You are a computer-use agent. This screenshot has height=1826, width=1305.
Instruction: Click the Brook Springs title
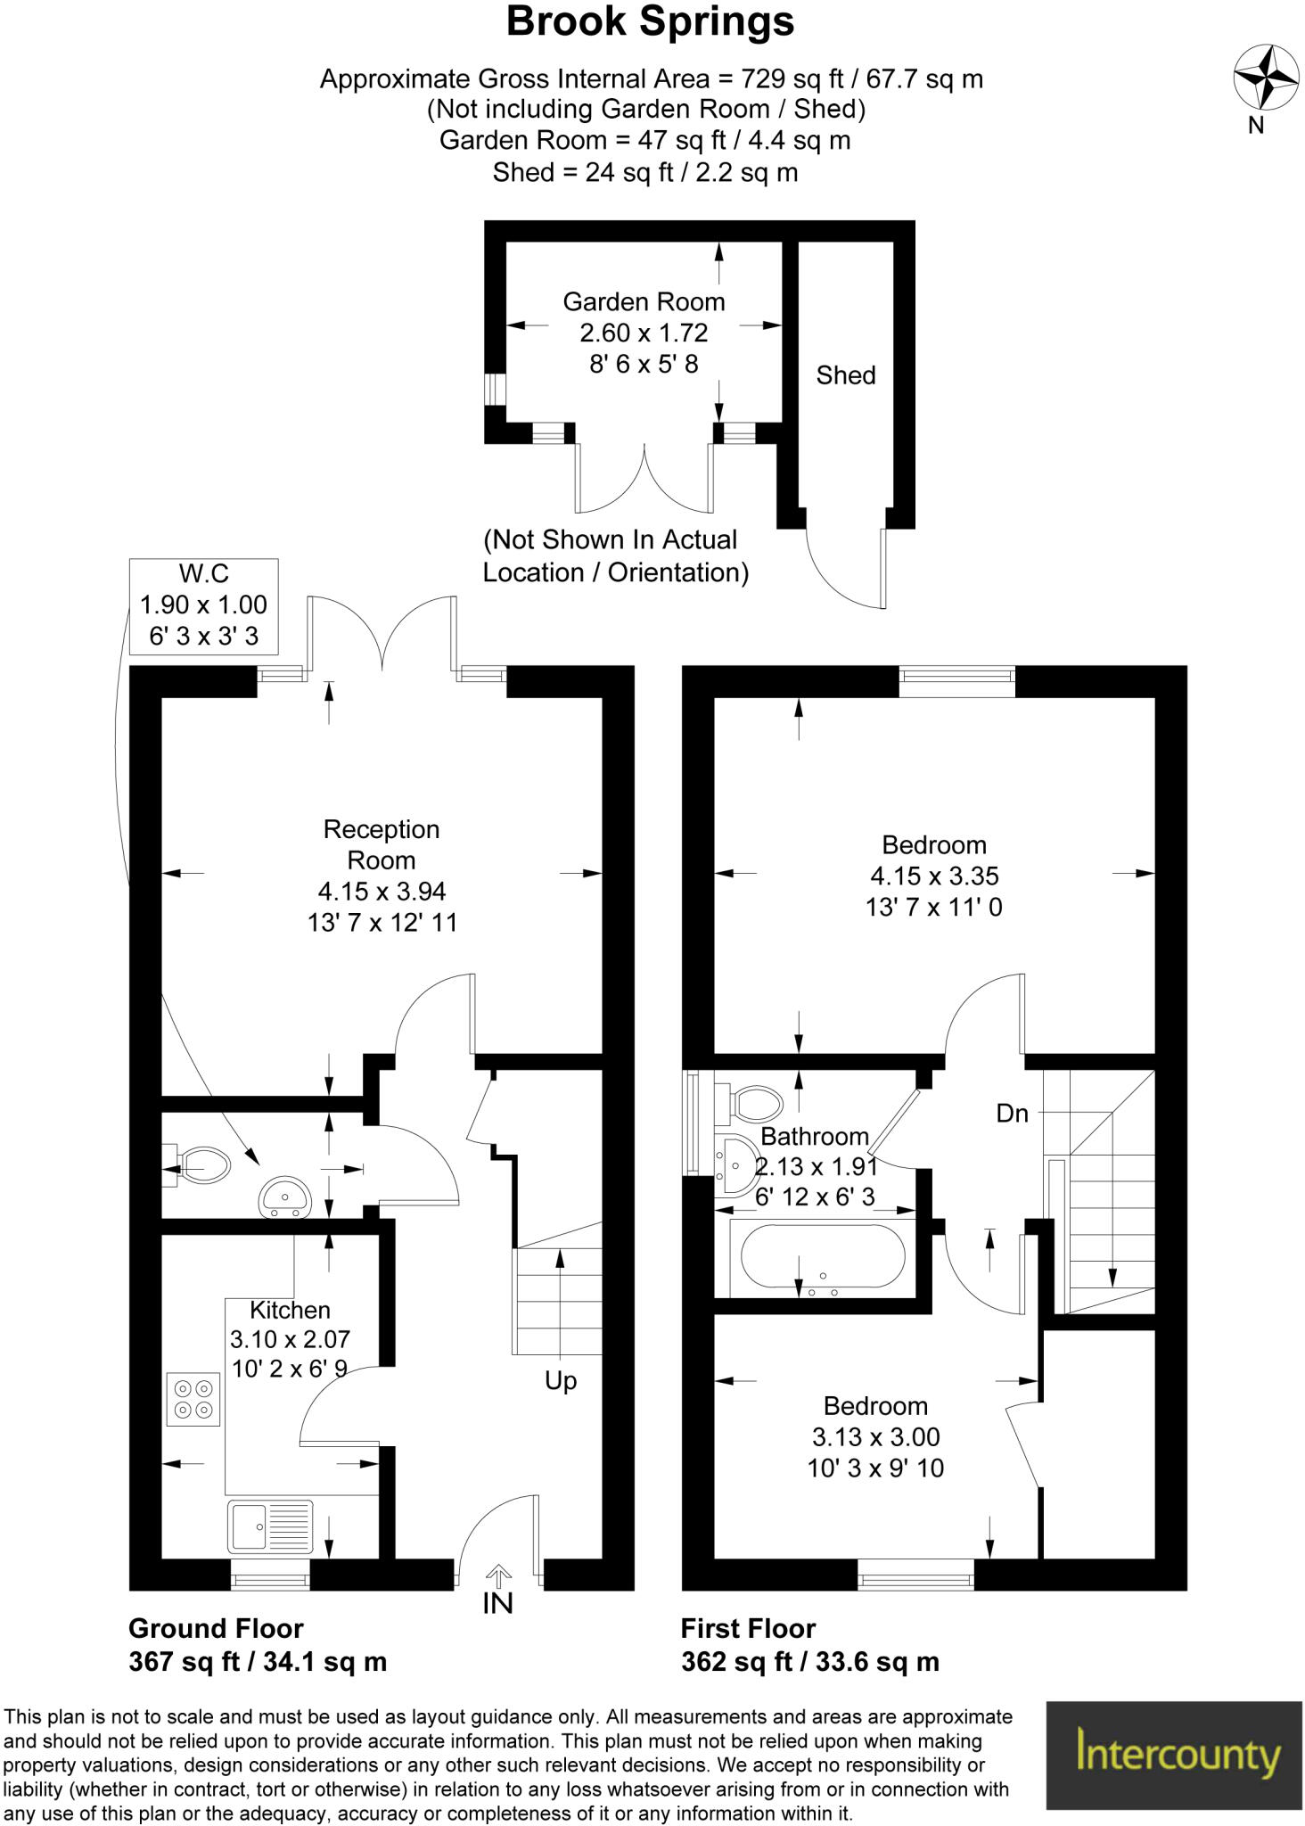click(x=650, y=22)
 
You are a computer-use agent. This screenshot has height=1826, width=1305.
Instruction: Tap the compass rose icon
click(x=1265, y=78)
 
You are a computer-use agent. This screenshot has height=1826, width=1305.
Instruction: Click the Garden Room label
click(x=644, y=302)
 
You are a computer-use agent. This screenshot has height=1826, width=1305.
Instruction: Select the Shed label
click(x=845, y=375)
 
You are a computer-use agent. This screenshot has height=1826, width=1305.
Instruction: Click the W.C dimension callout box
click(x=203, y=605)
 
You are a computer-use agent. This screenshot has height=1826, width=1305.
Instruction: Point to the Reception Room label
click(x=382, y=844)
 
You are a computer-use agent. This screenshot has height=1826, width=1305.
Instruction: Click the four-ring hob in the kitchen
click(x=193, y=1399)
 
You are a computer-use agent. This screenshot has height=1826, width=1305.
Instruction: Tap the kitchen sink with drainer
click(x=270, y=1526)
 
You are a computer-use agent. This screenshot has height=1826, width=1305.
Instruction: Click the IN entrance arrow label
click(x=497, y=1603)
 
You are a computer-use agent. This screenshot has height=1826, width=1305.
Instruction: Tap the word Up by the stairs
click(x=561, y=1381)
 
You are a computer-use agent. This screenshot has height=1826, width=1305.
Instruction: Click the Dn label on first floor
click(x=1012, y=1114)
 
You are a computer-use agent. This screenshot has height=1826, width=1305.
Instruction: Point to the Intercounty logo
click(x=1173, y=1755)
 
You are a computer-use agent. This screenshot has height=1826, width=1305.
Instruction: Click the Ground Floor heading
click(x=216, y=1629)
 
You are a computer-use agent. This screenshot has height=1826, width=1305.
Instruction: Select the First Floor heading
click(x=748, y=1629)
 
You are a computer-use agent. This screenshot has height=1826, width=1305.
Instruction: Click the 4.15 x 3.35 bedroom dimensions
click(x=934, y=876)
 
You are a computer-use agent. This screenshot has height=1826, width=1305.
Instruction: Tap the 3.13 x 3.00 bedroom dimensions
click(x=875, y=1437)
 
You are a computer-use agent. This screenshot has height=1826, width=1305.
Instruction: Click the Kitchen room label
click(x=290, y=1310)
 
